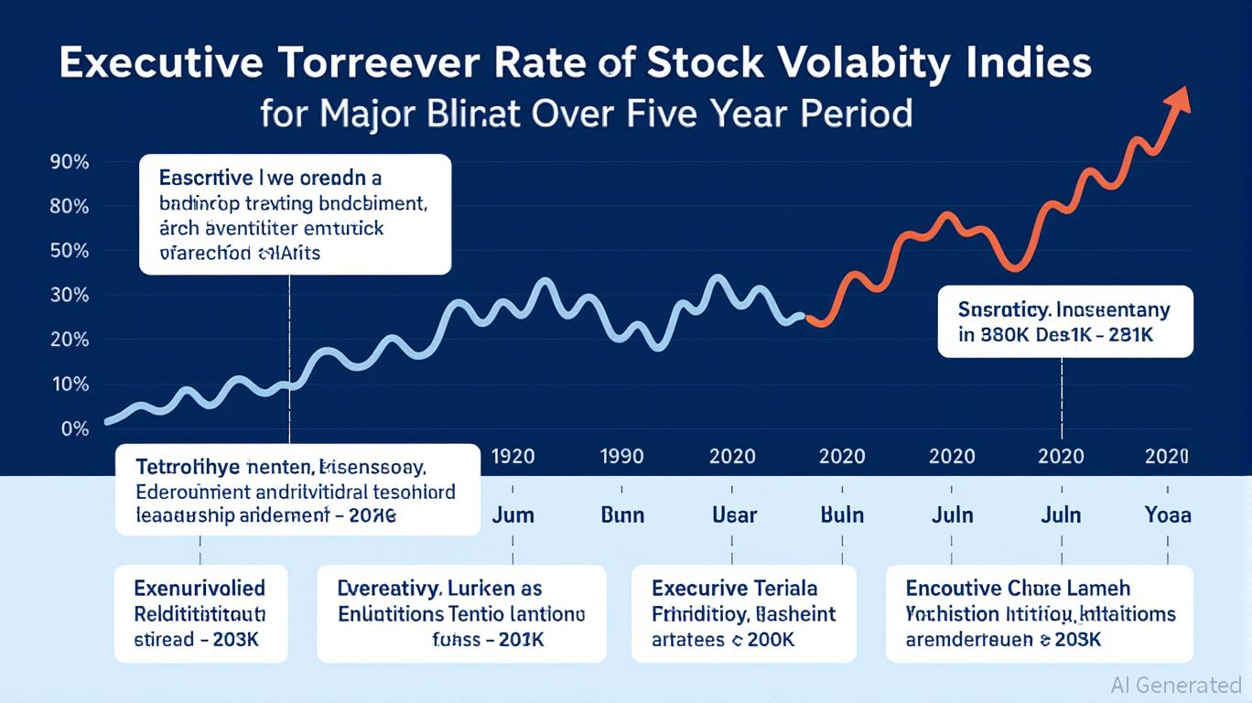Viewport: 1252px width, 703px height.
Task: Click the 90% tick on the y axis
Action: pos(69,163)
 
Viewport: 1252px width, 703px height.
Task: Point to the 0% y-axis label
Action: pos(75,428)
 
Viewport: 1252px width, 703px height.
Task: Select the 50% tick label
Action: pos(69,251)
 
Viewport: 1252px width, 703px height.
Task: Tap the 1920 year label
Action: pos(513,456)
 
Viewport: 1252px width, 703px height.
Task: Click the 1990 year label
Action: pos(622,456)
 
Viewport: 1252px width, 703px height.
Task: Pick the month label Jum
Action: pos(513,514)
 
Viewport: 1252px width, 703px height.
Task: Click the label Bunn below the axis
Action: pos(622,514)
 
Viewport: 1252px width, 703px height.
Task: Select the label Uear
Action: pos(734,514)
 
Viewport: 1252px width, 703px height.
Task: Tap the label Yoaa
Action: pos(1168,514)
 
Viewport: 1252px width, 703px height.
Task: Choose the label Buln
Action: pos(842,514)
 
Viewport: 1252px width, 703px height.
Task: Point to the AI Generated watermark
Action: pos(1175,685)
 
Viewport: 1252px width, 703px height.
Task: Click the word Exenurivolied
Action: pos(200,588)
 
